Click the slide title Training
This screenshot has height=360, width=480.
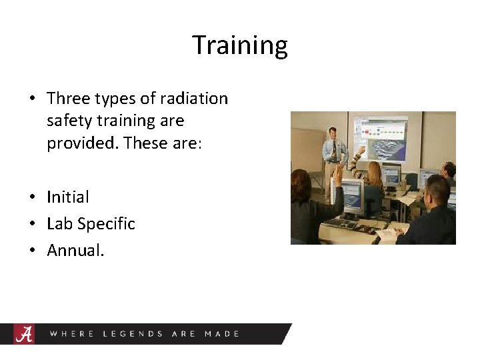(x=240, y=45)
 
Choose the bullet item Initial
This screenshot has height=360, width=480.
(x=67, y=197)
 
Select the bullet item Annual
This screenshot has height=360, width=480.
(x=75, y=250)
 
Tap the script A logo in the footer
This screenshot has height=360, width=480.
(x=25, y=333)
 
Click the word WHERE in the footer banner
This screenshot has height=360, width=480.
(x=72, y=333)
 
